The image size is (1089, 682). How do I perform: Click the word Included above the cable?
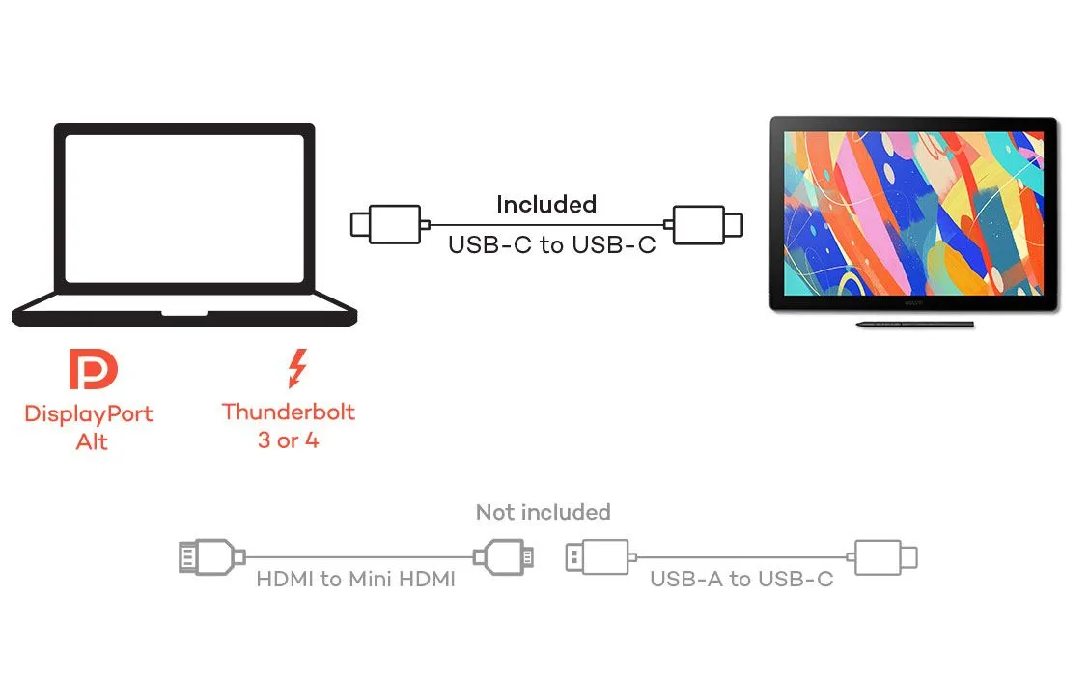[545, 204]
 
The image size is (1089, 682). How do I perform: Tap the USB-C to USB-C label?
[551, 244]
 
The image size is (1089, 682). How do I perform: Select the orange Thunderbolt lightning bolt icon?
[296, 369]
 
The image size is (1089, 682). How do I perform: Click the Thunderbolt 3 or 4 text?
[288, 426]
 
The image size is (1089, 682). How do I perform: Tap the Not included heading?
[543, 512]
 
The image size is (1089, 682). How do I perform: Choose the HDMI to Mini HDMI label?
[355, 580]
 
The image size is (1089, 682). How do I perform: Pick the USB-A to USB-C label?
[740, 580]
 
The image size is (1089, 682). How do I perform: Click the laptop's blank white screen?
[183, 208]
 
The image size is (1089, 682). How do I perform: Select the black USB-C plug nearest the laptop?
[386, 224]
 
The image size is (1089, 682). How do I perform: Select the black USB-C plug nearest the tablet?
[708, 224]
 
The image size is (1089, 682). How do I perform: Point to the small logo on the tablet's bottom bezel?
[913, 301]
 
